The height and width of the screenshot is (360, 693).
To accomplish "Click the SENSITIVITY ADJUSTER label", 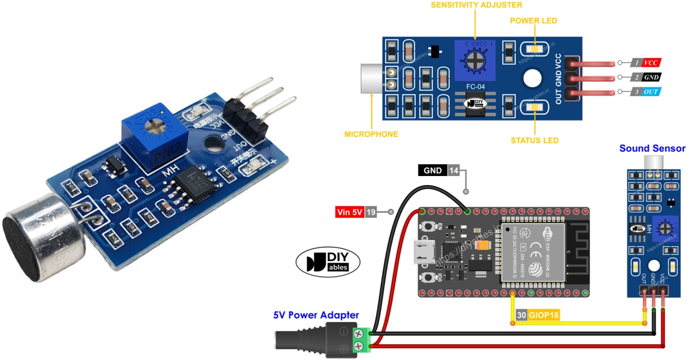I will click(476, 5).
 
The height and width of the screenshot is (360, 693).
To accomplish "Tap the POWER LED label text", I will click(534, 21).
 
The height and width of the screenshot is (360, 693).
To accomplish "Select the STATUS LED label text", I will click(534, 140).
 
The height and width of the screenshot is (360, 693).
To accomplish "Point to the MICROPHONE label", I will click(371, 134).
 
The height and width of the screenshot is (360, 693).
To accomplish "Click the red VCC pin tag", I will click(651, 62).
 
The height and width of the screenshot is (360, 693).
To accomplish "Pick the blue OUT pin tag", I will click(651, 92).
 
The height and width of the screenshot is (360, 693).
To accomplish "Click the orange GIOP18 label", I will click(543, 316).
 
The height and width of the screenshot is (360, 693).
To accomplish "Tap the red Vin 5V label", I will click(350, 212).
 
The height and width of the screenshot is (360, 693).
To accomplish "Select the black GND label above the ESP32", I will click(433, 170).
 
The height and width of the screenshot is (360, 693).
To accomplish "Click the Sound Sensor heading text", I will click(652, 149).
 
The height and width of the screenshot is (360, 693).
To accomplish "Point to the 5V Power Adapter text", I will click(316, 315).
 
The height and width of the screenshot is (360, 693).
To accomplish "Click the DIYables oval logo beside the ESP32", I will click(328, 262).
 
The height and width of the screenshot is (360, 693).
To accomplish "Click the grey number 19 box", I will click(371, 212).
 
